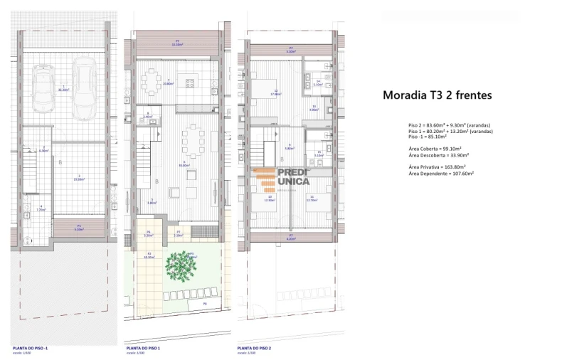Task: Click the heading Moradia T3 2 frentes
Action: [437, 95]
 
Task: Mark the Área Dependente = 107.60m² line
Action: [441, 173]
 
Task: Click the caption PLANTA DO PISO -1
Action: [31, 348]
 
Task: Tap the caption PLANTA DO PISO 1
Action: [142, 348]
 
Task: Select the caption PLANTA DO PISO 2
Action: [255, 348]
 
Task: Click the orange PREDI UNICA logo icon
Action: [264, 179]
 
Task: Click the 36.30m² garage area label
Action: [63, 90]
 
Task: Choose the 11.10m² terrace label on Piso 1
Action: [176, 43]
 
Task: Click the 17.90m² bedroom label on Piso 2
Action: [275, 92]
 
